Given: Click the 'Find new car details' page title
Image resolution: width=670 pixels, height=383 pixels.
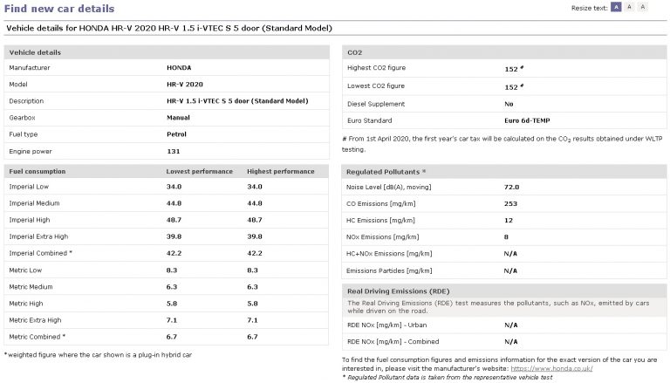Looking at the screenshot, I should point(59,9).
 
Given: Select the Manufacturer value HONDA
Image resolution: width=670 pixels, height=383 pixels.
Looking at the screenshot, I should point(180,67).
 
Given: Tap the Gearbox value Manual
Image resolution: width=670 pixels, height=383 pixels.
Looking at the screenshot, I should point(178,117).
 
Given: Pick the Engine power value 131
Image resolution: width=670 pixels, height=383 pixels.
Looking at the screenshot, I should point(173,150).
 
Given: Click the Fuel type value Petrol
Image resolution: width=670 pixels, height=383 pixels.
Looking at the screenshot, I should point(177,133).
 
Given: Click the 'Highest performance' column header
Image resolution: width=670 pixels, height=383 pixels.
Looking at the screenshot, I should point(281,171).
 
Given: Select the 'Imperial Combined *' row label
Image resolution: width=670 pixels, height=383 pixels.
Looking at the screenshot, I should point(41,253).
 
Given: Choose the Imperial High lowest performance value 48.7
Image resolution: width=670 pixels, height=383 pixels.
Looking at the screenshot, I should point(174,220).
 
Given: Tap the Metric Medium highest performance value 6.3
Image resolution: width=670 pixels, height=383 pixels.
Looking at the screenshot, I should point(254,286).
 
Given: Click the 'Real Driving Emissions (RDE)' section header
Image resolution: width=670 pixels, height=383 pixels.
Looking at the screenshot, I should point(398,290).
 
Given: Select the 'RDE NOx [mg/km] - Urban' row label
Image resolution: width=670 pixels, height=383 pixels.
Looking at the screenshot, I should point(388,325).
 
